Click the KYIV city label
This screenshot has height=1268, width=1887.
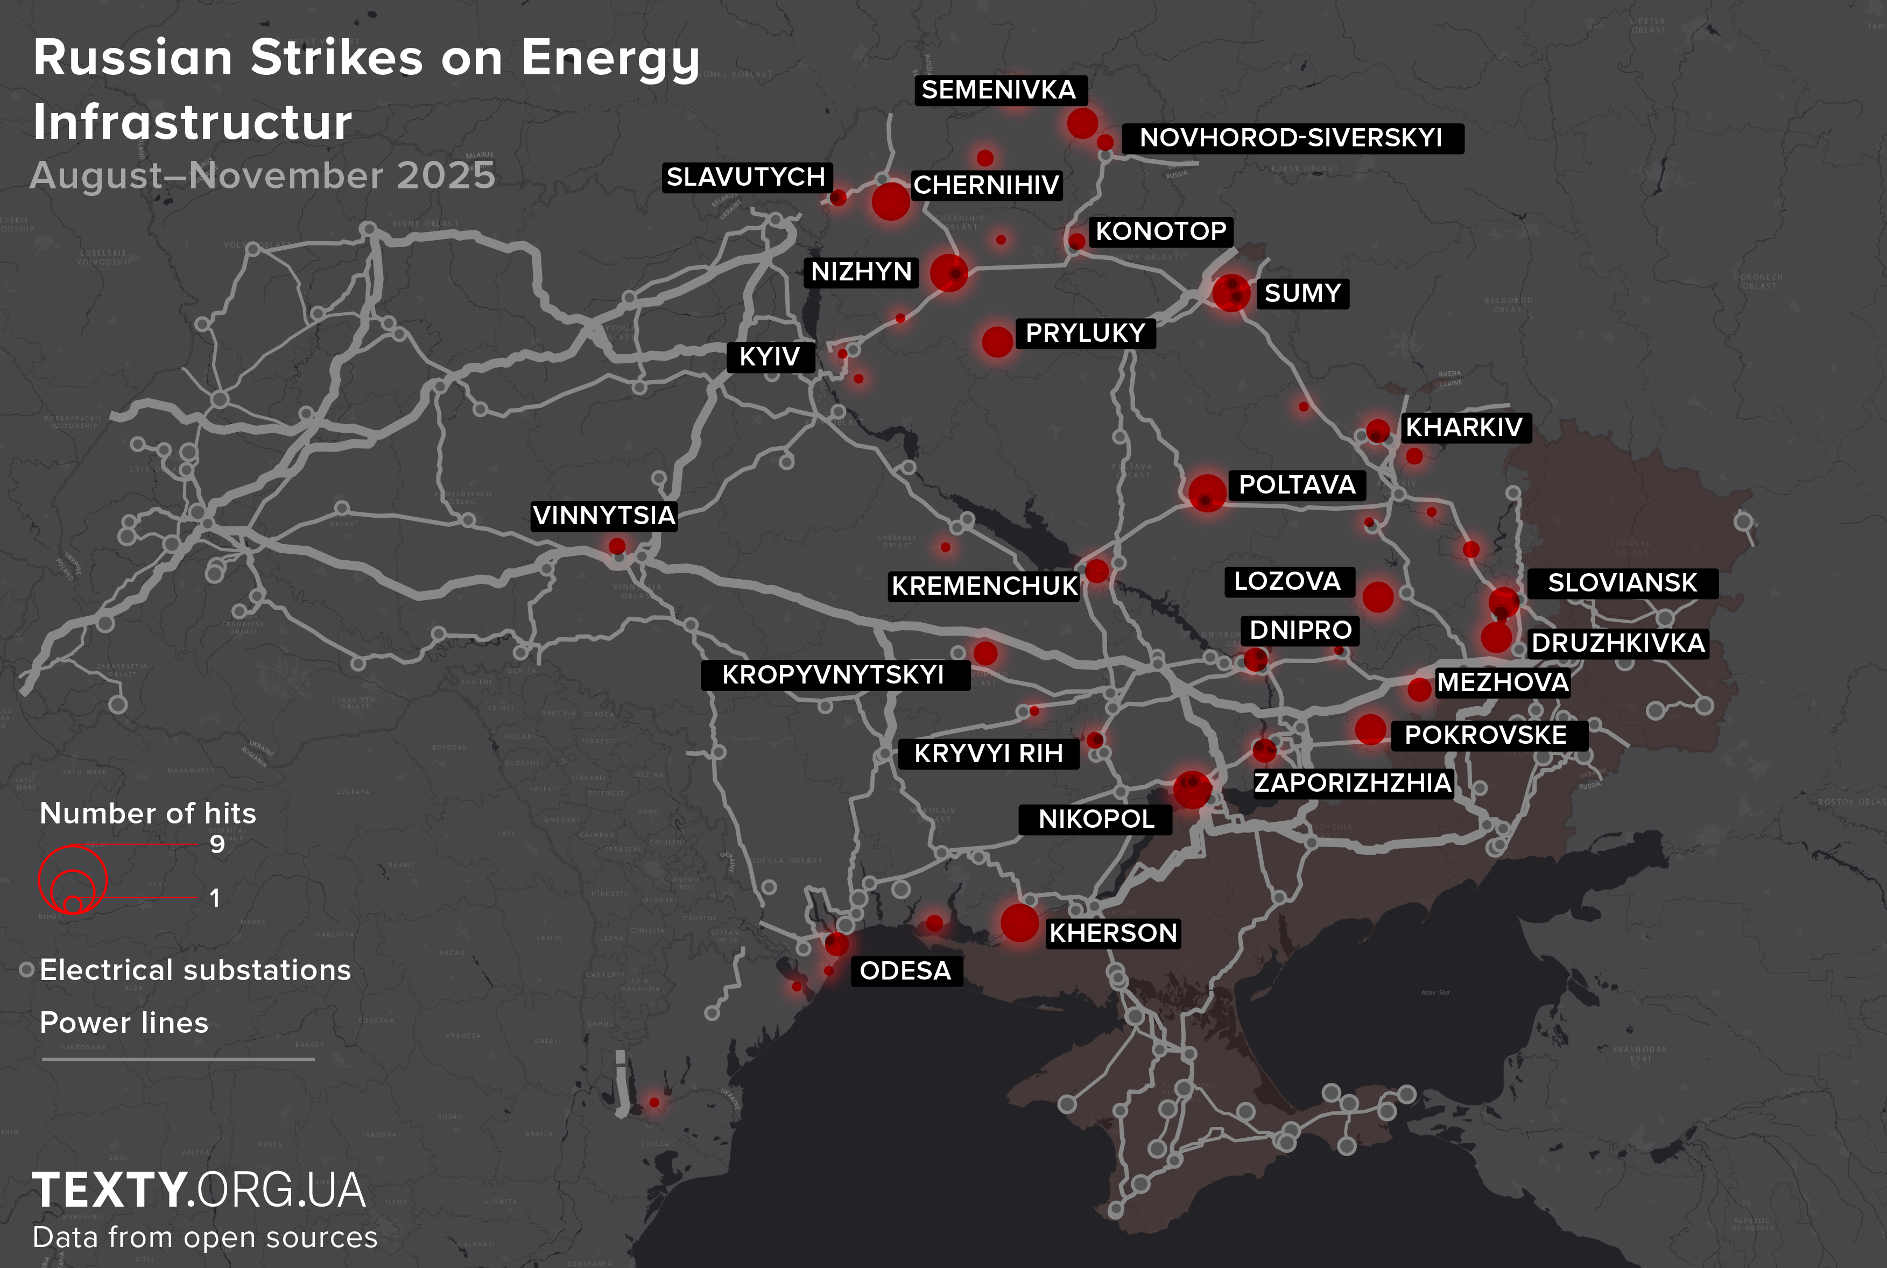(770, 357)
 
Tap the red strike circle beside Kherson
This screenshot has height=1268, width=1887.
(1019, 922)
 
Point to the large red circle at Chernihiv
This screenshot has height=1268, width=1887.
(890, 201)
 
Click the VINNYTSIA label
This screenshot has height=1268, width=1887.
(604, 515)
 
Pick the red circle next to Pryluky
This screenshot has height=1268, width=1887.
(997, 341)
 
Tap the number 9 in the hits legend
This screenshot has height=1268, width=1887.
(217, 844)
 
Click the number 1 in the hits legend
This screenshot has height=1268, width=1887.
(214, 898)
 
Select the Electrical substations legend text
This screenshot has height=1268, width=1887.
(195, 970)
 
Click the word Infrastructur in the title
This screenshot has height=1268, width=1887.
(193, 122)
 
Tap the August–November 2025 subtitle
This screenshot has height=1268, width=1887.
(262, 175)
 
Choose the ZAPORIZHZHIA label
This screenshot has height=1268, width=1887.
(1353, 783)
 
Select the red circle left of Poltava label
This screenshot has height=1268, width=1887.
(1206, 492)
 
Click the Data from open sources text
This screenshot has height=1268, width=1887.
(205, 1236)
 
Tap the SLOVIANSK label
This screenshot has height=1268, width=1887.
(1622, 583)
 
